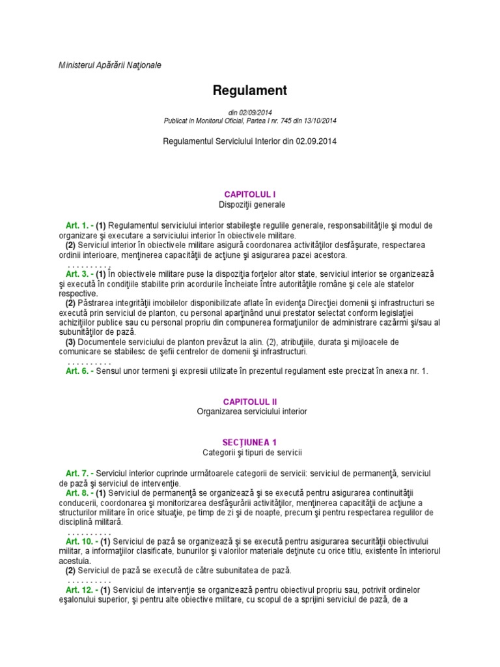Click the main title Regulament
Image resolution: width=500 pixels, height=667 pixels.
tap(250, 90)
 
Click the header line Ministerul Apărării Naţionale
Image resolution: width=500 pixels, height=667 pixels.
tap(101, 65)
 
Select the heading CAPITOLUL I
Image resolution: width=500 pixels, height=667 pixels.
tap(250, 194)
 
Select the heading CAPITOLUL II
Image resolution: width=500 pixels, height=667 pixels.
tap(250, 402)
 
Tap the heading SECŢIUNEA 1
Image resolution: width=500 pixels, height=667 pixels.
tap(250, 442)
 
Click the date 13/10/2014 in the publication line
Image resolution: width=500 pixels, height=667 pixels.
tap(320, 121)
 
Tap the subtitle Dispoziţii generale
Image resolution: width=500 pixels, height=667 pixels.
tap(250, 205)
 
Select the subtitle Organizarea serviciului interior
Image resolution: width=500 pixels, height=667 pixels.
tap(250, 412)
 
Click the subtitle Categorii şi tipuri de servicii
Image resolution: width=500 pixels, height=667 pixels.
tap(250, 452)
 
